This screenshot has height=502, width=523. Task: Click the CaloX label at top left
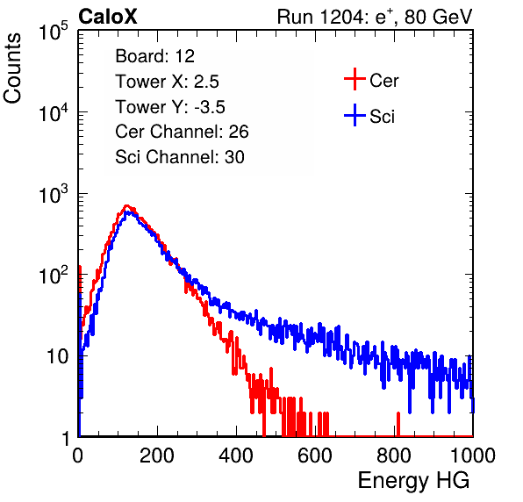coord(108,17)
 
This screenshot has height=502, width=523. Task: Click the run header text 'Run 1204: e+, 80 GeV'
coord(375,17)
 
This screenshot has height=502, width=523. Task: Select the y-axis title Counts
coord(12,68)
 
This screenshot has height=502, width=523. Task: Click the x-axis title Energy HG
coord(413,481)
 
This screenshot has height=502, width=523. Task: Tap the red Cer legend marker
coord(355,79)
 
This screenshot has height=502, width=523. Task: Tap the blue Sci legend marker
coord(355,116)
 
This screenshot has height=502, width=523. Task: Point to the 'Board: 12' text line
coord(154,56)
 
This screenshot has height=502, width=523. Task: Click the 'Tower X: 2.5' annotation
coord(167,82)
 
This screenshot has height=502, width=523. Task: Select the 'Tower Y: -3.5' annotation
coord(170,107)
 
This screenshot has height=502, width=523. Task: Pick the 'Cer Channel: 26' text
coord(182,132)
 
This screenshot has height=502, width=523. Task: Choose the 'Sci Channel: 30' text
coord(180,157)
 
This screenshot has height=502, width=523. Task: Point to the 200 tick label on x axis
coord(157,455)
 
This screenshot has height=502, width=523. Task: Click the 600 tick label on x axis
coord(315,455)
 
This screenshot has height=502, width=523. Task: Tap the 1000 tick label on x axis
coord(472,455)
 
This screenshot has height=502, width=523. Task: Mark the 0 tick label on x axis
coord(78,455)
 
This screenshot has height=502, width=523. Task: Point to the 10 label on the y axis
coord(58,357)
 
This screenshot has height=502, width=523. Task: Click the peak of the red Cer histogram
coord(126,206)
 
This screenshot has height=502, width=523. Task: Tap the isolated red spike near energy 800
coord(398,424)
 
